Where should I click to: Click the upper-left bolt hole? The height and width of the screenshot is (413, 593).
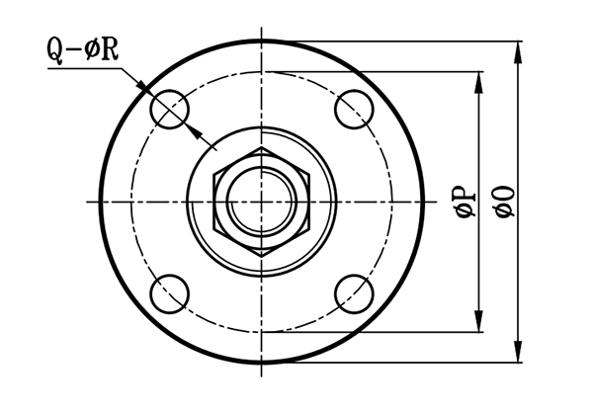click(170, 109)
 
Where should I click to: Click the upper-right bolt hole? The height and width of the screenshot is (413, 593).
click(355, 109)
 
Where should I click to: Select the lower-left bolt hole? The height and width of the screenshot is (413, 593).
click(170, 293)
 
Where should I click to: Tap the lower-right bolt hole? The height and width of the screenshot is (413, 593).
click(355, 293)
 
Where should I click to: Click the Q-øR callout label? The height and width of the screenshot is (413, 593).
click(83, 49)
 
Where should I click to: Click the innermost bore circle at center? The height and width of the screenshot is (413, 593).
click(262, 202)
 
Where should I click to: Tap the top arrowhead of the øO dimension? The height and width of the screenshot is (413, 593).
click(518, 49)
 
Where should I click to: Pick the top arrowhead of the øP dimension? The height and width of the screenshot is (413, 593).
click(480, 80)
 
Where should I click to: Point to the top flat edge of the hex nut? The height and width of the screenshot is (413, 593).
click(262, 148)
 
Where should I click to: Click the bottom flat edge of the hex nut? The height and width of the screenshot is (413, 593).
click(262, 256)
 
